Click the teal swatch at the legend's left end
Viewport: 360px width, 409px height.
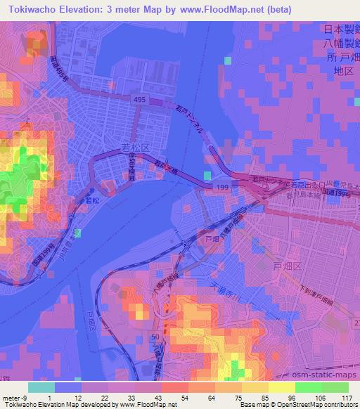[x=40, y=387]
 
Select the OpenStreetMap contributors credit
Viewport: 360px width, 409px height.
[x=317, y=405]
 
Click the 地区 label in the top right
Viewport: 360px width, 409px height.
[x=342, y=71]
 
